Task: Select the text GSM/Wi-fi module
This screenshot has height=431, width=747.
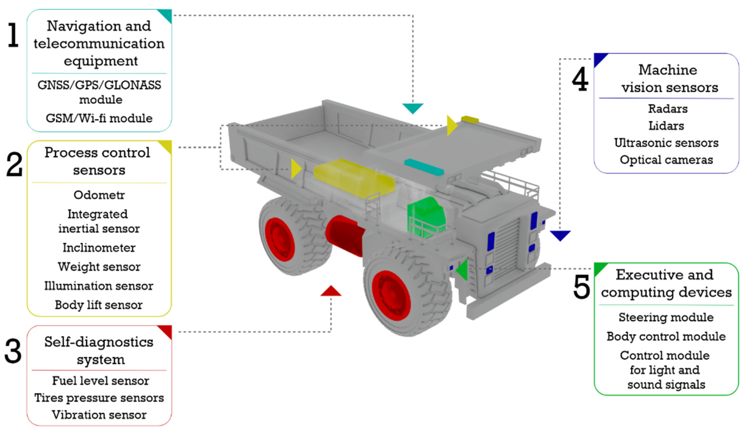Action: click(99, 118)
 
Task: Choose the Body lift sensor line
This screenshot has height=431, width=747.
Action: click(99, 305)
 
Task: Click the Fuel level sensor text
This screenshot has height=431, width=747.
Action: click(100, 381)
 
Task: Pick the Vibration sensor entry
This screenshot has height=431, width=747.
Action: click(99, 415)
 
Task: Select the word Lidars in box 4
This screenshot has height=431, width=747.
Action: click(666, 126)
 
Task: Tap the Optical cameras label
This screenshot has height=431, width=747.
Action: click(666, 160)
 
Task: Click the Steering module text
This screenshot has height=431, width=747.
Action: click(666, 317)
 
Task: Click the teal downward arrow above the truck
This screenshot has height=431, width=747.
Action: click(413, 108)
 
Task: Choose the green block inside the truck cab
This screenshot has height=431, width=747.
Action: click(426, 218)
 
